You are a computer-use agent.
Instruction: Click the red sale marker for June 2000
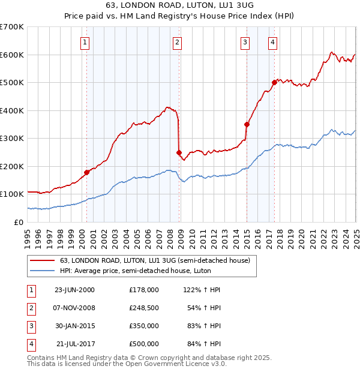click(x=86, y=172)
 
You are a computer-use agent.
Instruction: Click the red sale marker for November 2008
click(x=179, y=152)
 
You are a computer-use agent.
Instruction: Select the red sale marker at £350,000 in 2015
click(x=247, y=124)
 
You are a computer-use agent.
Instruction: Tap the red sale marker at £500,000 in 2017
click(x=274, y=82)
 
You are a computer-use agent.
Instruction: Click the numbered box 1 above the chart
click(x=85, y=42)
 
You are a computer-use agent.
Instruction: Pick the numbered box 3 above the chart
click(x=245, y=42)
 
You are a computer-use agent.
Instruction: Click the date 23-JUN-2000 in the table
click(x=74, y=290)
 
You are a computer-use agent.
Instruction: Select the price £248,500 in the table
click(x=144, y=308)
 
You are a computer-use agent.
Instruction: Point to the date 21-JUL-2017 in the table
click(x=76, y=344)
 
